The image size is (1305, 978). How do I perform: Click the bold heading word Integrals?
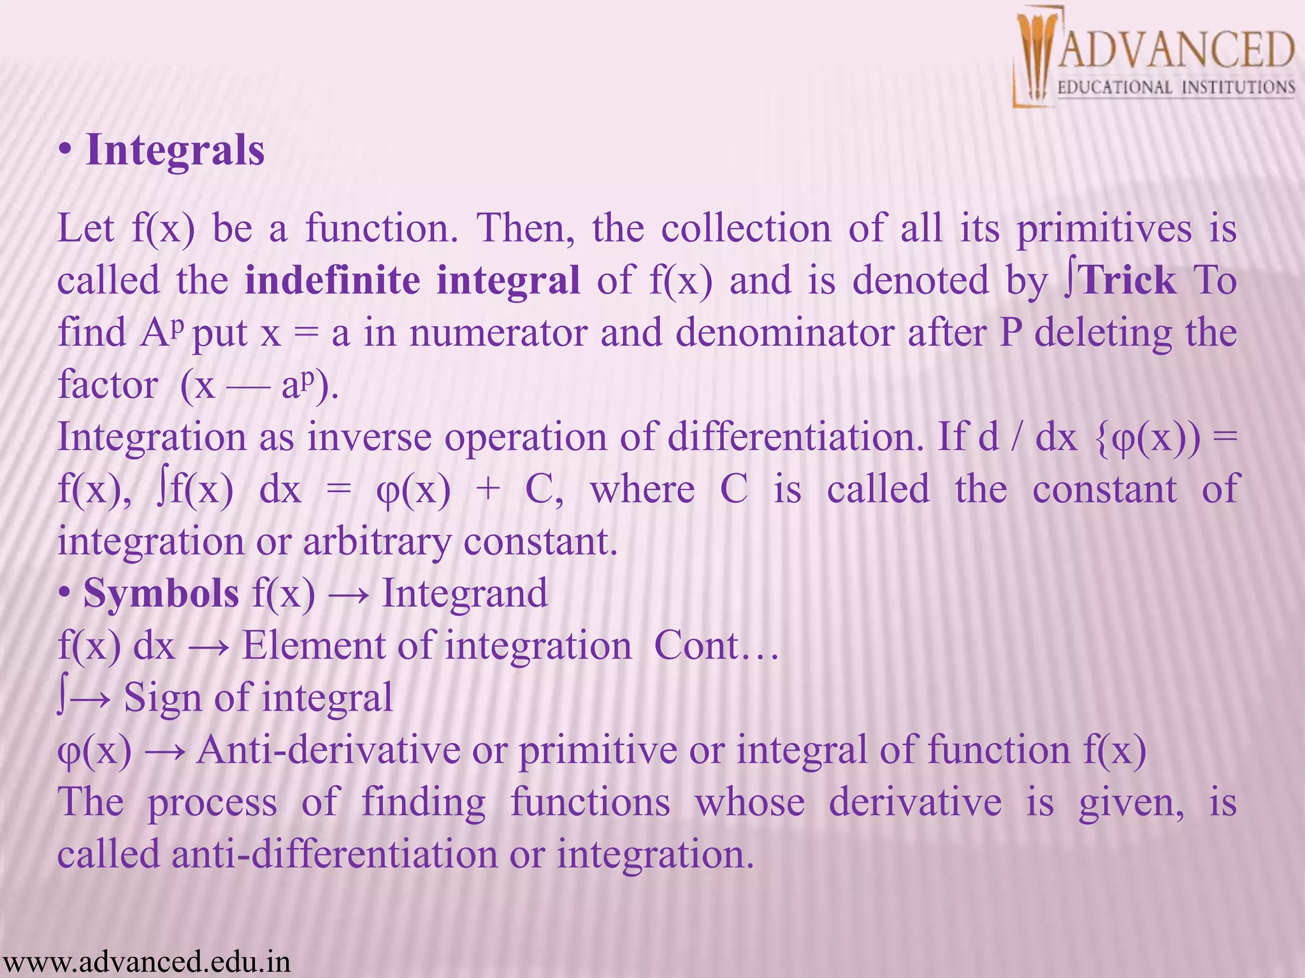pyautogui.click(x=175, y=150)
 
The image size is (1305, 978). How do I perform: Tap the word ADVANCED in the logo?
pyautogui.click(x=1176, y=50)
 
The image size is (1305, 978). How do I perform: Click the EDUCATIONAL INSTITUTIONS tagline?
pyautogui.click(x=1176, y=87)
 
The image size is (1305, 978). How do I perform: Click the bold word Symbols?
pyautogui.click(x=161, y=593)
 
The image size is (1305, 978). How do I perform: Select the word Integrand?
pyautogui.click(x=465, y=593)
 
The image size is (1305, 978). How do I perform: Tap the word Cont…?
pyautogui.click(x=716, y=646)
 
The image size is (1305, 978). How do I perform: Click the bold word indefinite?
pyautogui.click(x=332, y=280)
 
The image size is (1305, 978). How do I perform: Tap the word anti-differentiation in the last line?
pyautogui.click(x=335, y=854)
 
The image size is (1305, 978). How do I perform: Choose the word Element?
pyautogui.click(x=312, y=646)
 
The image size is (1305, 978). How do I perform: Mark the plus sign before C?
pyautogui.click(x=488, y=490)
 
